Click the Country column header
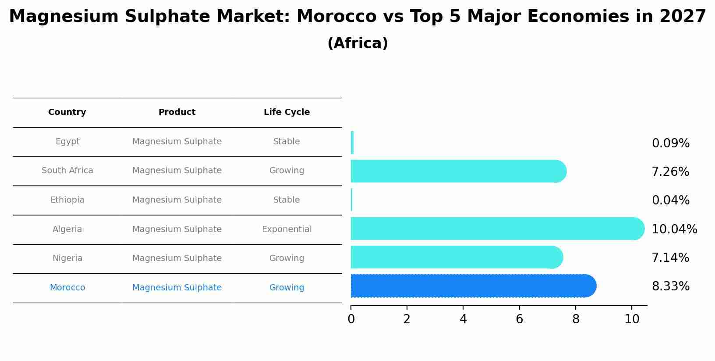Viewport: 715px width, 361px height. point(67,112)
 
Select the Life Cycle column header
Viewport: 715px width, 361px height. point(287,112)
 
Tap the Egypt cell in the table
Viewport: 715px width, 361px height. point(67,142)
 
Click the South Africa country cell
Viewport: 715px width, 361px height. point(67,171)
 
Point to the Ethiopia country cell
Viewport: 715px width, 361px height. point(67,200)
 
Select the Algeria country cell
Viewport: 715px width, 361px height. point(67,229)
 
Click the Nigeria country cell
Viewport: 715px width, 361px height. point(67,258)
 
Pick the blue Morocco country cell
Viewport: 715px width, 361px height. point(67,288)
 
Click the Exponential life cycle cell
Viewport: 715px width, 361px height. point(287,229)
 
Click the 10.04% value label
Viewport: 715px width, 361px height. point(674,229)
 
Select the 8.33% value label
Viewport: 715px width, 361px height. point(670,286)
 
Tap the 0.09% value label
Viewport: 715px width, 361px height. point(670,143)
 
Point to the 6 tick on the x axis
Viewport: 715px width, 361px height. point(519,319)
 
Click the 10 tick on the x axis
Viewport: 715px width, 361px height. point(632,319)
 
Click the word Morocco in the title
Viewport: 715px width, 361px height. point(336,17)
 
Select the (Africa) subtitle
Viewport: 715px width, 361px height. point(357,43)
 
